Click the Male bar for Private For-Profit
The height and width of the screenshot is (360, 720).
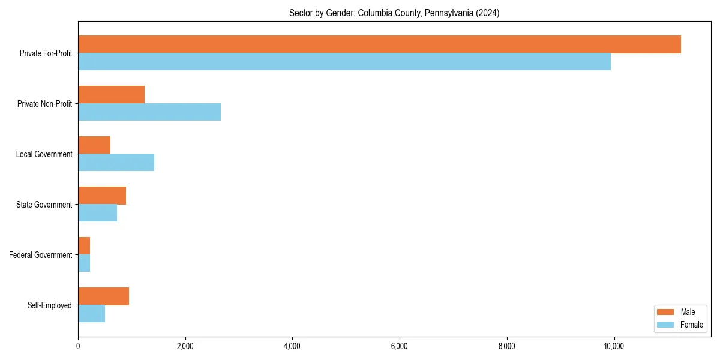(379, 44)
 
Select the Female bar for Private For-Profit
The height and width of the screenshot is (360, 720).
(344, 62)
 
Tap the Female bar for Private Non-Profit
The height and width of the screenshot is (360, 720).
(149, 112)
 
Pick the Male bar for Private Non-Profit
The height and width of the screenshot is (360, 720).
(111, 95)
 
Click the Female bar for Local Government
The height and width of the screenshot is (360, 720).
(116, 163)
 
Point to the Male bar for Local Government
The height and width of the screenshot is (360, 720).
(94, 145)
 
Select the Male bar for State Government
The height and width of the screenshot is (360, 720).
(102, 196)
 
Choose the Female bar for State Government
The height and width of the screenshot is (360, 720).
(97, 213)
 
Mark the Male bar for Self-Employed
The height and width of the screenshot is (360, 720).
(103, 296)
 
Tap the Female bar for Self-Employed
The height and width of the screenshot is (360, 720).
(91, 314)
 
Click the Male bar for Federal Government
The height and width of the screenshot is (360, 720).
(84, 246)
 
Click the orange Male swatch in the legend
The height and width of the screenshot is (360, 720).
(666, 312)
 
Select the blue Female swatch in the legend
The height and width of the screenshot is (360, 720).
(666, 325)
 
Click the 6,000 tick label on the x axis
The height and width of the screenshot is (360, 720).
(399, 346)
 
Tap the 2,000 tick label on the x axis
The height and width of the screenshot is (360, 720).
(185, 346)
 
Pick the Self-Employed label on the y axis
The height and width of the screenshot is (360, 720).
(49, 305)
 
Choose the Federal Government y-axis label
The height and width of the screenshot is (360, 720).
(40, 255)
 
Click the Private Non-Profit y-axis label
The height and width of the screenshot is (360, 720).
(44, 104)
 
